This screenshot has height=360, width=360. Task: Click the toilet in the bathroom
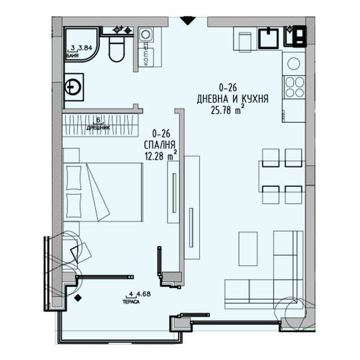coord(117,50)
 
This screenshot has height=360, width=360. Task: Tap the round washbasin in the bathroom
coord(72,87)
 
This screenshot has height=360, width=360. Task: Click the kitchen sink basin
coord(268,38)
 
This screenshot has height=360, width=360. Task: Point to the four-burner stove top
coord(294,87)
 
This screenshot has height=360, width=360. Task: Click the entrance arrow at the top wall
coord(187,21)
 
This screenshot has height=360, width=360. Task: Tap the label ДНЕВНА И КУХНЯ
coord(232,99)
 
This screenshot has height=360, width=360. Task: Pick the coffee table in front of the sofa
coord(247,248)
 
